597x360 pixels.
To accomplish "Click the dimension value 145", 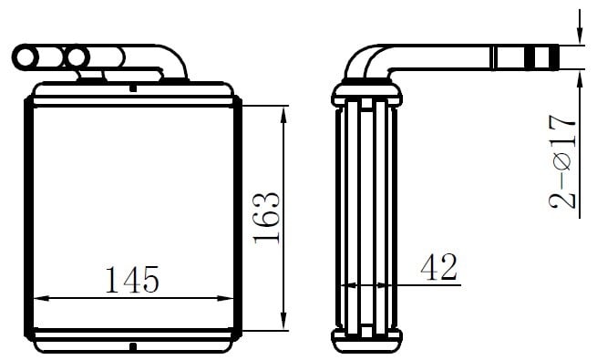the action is coord(132,280).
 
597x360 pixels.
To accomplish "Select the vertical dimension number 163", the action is coord(266,218).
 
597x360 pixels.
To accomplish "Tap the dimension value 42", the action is coord(438,267).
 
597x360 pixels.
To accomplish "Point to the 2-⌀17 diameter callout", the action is coord(562,161).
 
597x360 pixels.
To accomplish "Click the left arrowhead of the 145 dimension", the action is coord(41,298).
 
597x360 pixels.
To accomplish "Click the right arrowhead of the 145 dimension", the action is coord(225,298).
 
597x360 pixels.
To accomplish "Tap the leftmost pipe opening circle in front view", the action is coord(26,57).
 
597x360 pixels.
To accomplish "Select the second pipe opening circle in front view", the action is coord(77,57).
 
